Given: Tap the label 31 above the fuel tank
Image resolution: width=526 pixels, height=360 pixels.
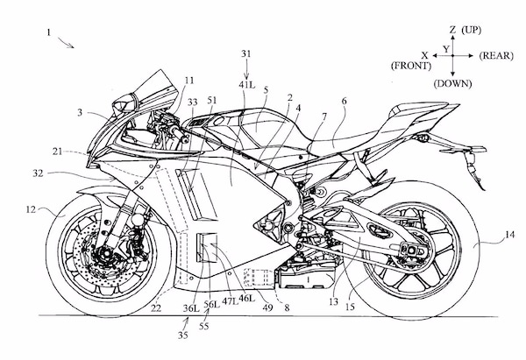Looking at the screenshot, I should pos(247,53).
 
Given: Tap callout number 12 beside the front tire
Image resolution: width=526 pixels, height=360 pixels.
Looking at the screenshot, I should pos(31,210).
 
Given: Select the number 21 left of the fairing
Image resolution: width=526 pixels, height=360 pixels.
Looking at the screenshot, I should pos(57,152).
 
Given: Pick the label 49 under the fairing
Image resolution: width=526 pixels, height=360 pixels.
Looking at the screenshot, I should pos(267,307).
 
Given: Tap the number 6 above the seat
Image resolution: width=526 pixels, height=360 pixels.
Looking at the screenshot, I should pos(344,102).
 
